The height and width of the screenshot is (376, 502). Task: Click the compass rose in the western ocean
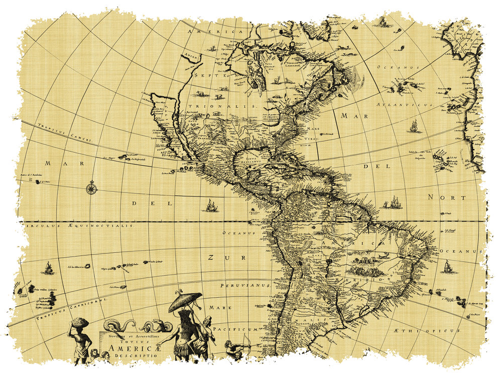[91, 188]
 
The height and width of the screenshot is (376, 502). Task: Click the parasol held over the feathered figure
[185, 301]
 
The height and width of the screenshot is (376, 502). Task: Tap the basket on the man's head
[79, 322]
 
